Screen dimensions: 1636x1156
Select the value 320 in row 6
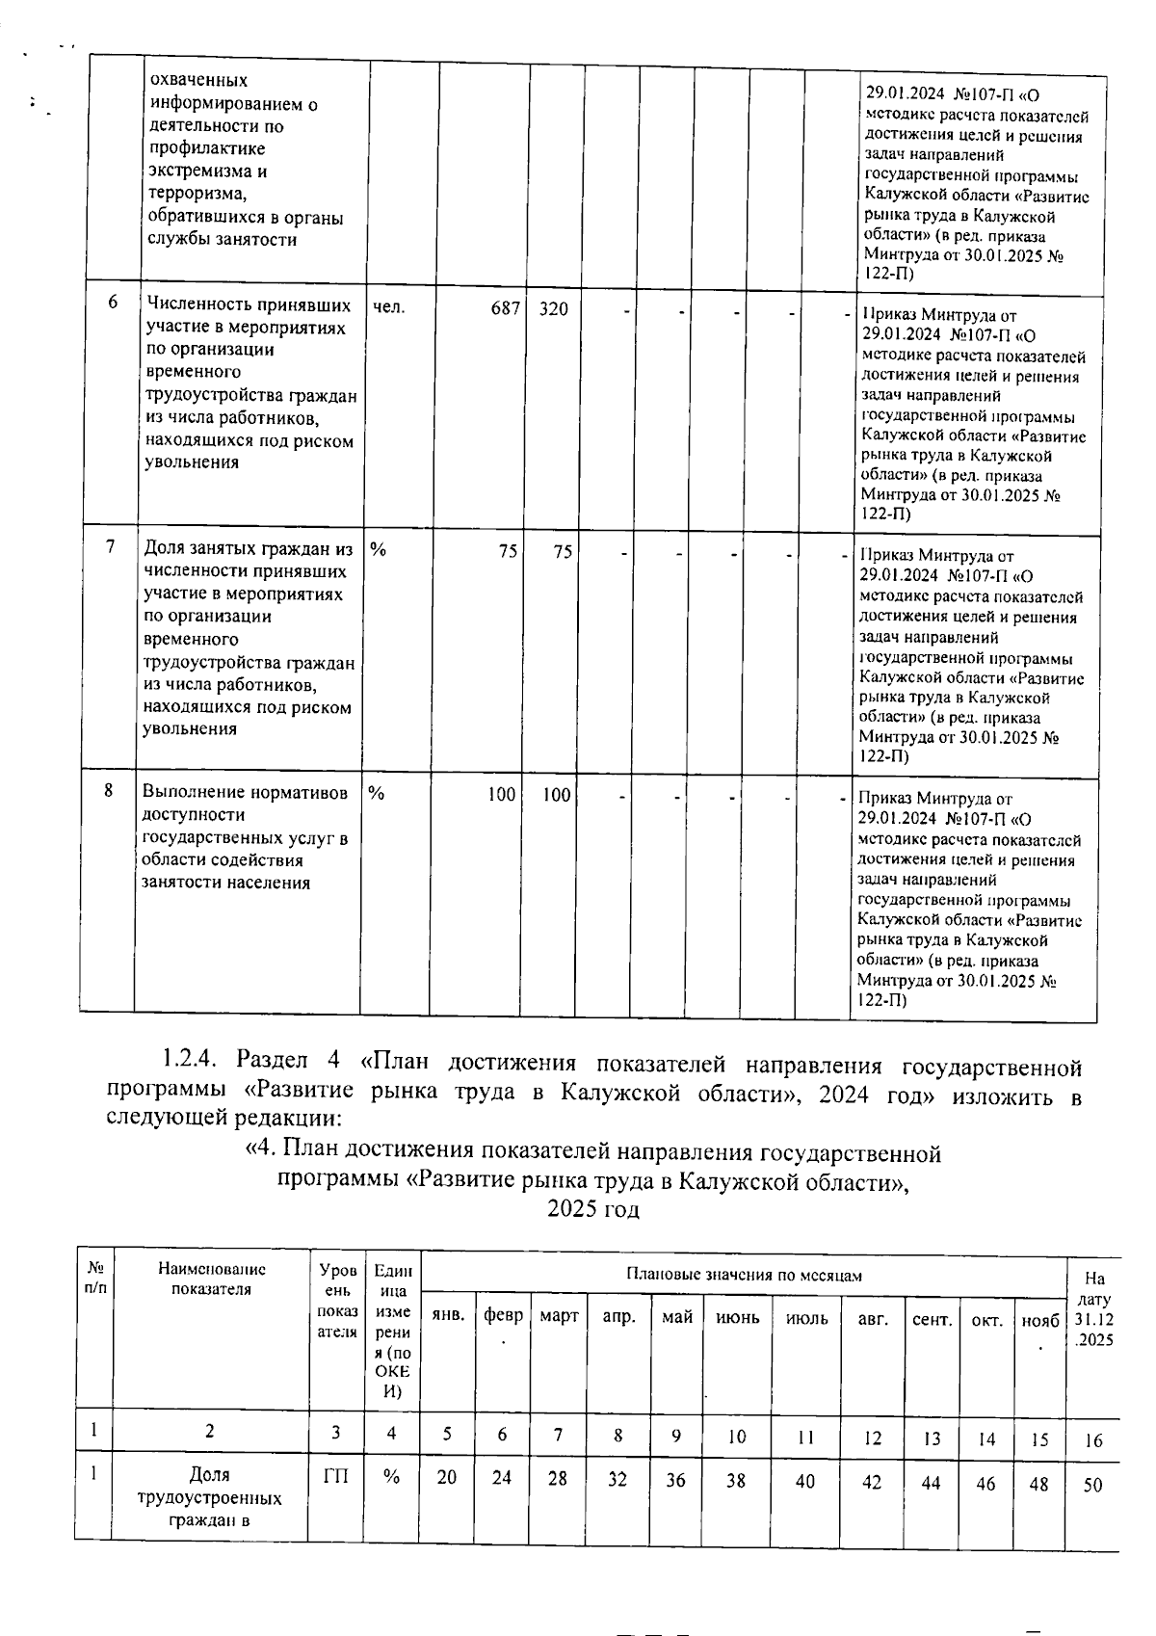(x=553, y=309)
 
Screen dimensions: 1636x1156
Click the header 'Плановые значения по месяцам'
(x=744, y=1275)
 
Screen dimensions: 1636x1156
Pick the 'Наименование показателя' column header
(x=212, y=1280)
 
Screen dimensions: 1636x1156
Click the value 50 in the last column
(x=1091, y=1486)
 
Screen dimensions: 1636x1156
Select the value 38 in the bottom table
(x=736, y=1480)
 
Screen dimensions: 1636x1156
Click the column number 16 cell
(x=1093, y=1441)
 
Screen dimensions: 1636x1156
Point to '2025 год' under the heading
(x=592, y=1208)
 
